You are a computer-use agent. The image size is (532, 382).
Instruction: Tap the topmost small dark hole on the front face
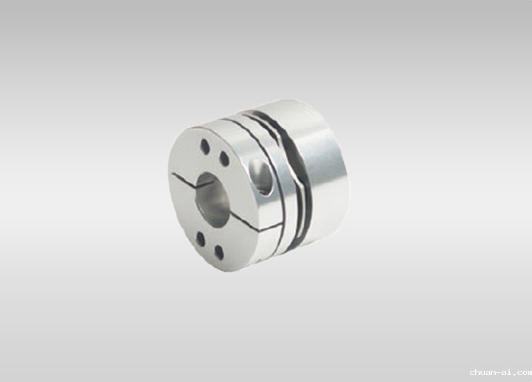click(204, 146)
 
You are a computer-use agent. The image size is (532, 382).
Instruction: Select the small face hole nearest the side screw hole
click(224, 158)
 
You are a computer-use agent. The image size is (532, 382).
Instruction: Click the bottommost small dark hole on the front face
click(220, 253)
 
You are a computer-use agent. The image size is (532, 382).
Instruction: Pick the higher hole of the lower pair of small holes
click(200, 239)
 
